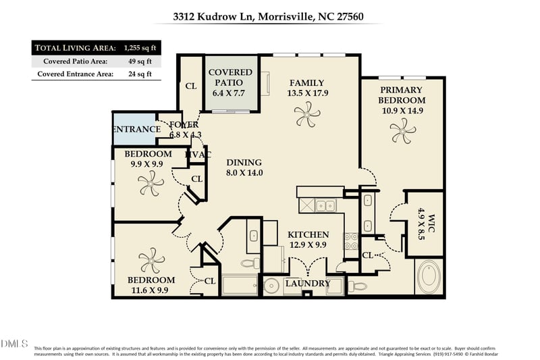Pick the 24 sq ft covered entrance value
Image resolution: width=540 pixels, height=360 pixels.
click(x=140, y=74)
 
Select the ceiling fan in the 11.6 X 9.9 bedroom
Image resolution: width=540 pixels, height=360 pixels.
click(x=150, y=259)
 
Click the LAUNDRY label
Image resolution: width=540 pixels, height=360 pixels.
click(x=308, y=284)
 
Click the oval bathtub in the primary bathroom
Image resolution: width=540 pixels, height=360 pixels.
click(x=428, y=278)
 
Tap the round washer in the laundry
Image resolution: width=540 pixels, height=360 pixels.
click(x=273, y=285)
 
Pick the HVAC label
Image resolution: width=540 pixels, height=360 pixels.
click(x=198, y=155)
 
